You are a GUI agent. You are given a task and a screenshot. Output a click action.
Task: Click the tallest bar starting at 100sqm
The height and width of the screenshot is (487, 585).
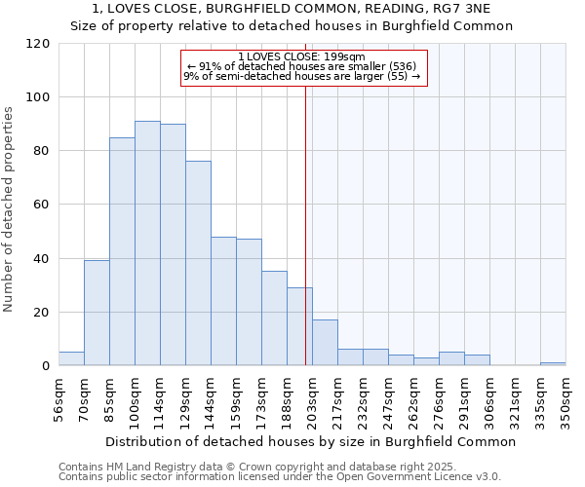point(147,243)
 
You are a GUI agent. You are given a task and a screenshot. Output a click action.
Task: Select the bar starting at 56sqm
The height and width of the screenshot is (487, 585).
point(71,358)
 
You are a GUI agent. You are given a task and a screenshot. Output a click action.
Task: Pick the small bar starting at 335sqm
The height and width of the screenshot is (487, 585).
point(553,363)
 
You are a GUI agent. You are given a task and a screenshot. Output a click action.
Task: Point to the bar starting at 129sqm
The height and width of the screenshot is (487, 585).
point(198,263)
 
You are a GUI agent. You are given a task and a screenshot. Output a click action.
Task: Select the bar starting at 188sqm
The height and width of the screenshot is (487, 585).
point(299,326)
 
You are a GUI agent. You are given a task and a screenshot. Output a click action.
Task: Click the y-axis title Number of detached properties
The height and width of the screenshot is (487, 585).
point(9,209)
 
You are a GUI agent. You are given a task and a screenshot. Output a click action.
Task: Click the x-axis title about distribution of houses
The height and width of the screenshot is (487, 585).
point(310,441)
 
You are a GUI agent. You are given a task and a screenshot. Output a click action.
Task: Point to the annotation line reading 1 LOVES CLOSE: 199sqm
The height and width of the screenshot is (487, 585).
point(301,56)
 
